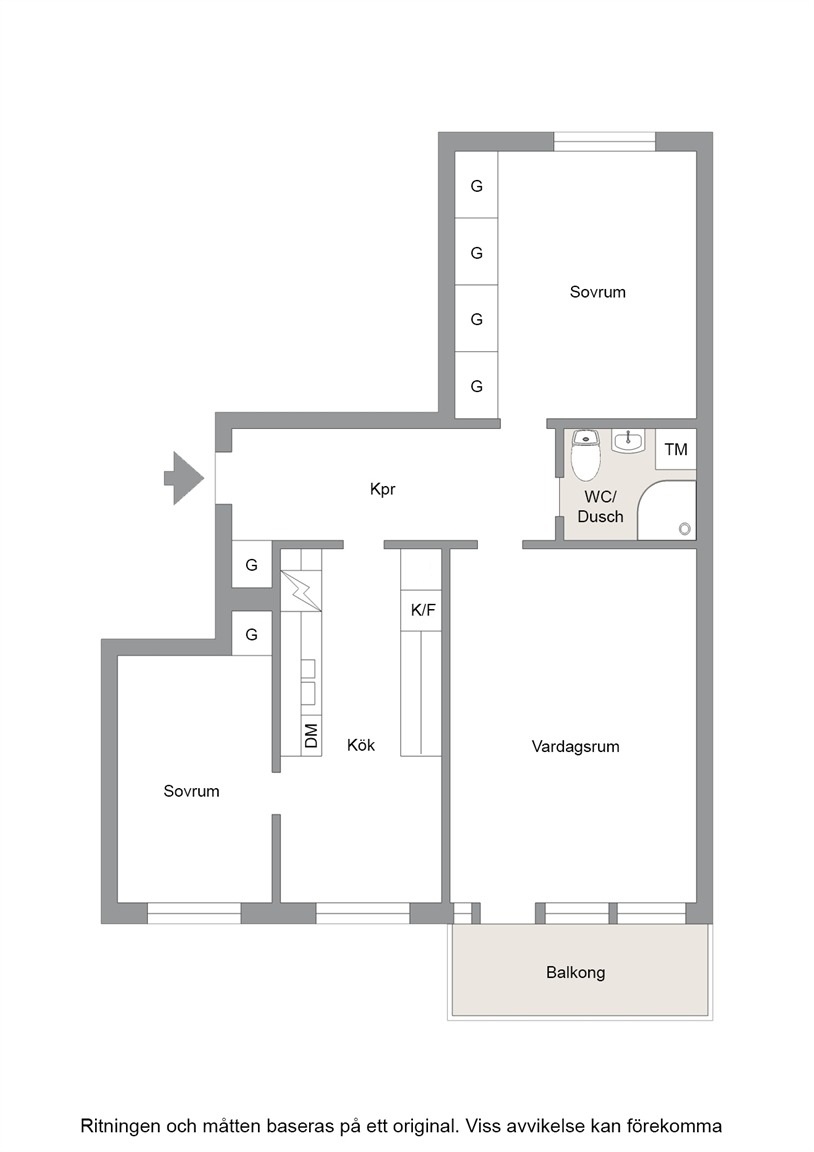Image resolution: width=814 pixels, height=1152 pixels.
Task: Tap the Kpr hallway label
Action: tap(383, 489)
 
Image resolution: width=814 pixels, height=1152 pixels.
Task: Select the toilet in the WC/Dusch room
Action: tap(586, 454)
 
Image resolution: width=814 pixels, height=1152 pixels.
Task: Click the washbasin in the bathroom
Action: tap(627, 441)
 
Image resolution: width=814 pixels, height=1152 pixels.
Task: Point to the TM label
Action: tap(676, 449)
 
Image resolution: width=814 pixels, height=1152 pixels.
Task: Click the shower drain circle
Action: tap(685, 528)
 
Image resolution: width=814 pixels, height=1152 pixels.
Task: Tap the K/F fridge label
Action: tap(423, 610)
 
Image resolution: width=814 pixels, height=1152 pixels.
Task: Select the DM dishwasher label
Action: tap(311, 735)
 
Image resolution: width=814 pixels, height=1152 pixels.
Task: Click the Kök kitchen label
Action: tap(361, 745)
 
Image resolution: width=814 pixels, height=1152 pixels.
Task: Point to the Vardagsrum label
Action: tap(575, 746)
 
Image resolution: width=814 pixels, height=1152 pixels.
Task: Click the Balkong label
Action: tap(575, 973)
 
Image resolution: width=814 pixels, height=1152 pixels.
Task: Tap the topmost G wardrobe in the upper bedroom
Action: tap(476, 185)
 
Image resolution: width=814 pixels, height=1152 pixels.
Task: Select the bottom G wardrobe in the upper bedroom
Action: tap(476, 386)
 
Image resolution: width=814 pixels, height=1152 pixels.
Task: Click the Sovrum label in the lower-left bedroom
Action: tap(191, 791)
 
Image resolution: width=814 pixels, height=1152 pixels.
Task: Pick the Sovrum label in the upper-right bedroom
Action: tap(597, 292)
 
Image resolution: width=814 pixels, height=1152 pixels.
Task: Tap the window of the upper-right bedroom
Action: tap(604, 142)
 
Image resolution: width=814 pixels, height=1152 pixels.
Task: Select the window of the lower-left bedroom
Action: tap(194, 912)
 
